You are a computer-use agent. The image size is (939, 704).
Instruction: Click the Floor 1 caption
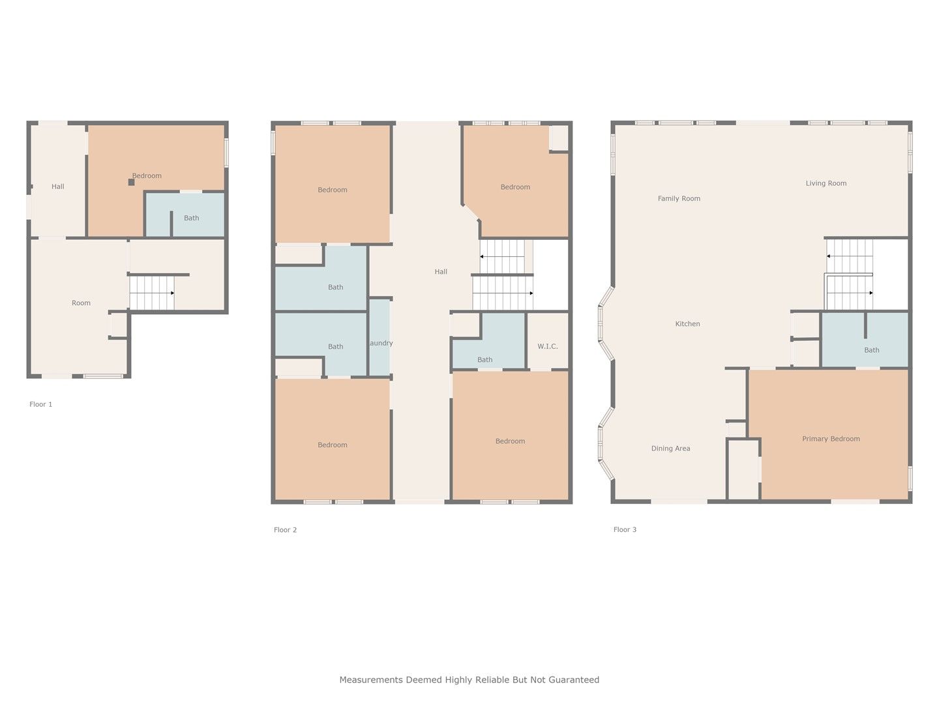tap(40, 404)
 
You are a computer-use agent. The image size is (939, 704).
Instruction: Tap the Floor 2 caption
tap(285, 529)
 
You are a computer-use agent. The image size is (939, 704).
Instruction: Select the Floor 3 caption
tap(625, 529)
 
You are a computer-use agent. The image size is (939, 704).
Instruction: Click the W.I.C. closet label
tap(548, 346)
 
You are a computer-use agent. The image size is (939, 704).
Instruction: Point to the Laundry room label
tap(380, 343)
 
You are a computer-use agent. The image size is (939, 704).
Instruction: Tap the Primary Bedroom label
tap(831, 439)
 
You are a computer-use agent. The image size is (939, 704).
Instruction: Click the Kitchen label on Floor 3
tap(687, 323)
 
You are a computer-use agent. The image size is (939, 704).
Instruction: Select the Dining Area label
tap(670, 448)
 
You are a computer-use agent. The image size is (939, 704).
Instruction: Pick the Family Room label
tap(679, 198)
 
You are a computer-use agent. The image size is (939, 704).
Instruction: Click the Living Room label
tap(826, 183)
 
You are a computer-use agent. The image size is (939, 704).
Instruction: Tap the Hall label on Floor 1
tap(58, 186)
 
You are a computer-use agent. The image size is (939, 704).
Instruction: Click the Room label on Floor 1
tap(81, 302)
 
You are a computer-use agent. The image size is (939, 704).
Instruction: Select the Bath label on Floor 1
tap(191, 218)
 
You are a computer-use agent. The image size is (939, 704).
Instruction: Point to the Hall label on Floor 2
tap(441, 271)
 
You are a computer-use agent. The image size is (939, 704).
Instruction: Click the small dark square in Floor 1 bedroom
tap(131, 182)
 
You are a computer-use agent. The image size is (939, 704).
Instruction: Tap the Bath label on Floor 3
tap(871, 350)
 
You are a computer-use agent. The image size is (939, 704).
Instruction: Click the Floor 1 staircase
tap(152, 293)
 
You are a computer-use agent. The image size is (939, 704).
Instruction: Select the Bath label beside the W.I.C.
tap(484, 360)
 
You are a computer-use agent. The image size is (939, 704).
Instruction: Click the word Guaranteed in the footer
tap(574, 680)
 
